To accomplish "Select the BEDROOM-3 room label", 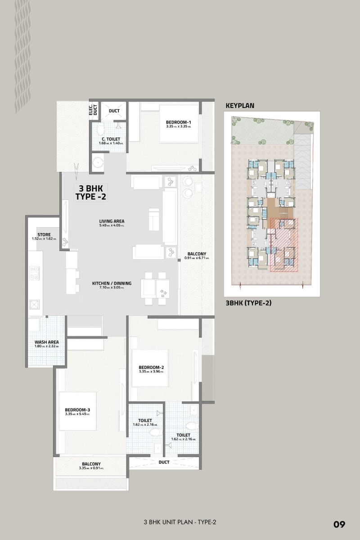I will tap(77, 410).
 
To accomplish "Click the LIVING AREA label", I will tap(112, 221).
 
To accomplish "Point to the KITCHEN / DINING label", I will tap(112, 283).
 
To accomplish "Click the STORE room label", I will tap(44, 234).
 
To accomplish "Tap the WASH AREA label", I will tap(46, 342).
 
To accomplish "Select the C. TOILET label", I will tap(110, 139).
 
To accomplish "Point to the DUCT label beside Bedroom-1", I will tap(114, 110).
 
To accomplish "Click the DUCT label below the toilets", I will tap(164, 462).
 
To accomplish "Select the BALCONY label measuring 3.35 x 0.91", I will tap(91, 464).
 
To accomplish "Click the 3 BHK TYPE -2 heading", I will tap(90, 192).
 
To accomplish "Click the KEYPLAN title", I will tap(239, 106).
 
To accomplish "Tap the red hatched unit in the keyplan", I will tap(284, 246).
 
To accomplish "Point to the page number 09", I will tap(339, 524).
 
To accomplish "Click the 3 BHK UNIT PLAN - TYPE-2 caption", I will tap(180, 522).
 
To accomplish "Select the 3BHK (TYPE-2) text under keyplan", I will tap(248, 303).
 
